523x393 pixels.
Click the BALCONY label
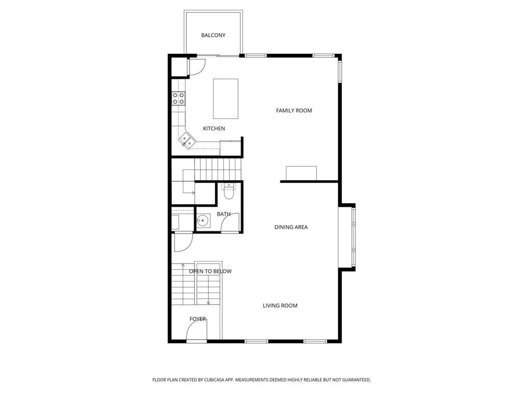(x=213, y=35)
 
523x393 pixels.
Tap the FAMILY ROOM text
(x=294, y=111)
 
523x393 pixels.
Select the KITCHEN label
(x=214, y=128)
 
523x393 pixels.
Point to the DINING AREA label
(x=291, y=227)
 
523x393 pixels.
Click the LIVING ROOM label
(x=280, y=305)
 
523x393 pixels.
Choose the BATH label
(x=224, y=214)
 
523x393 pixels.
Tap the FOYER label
(x=198, y=319)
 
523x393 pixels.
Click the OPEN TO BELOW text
(x=210, y=271)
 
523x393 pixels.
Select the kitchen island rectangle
(x=225, y=99)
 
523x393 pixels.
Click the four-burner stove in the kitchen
(x=178, y=98)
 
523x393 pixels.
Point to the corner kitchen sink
(x=186, y=140)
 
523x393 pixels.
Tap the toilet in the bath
(x=228, y=191)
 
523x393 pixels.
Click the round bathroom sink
(x=203, y=221)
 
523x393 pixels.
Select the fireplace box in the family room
(x=301, y=173)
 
